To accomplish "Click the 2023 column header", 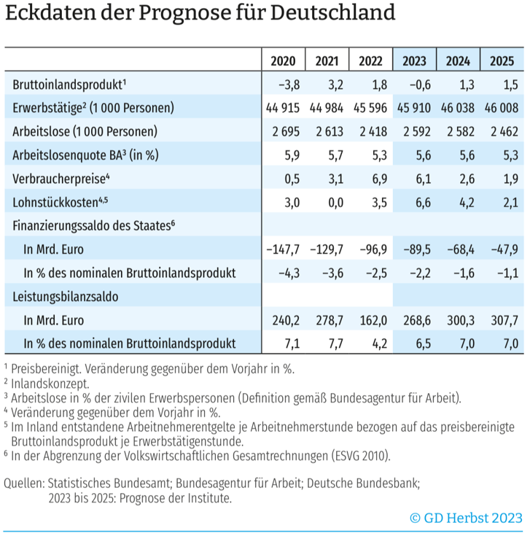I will coord(414,61).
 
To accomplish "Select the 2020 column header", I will coord(283,61).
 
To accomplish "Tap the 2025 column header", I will coord(502,61).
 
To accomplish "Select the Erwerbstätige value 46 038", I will coord(458,108).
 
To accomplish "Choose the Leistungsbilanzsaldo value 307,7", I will coord(502,321).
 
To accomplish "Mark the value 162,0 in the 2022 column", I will coord(373,321).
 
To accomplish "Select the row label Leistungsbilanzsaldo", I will coord(66,298).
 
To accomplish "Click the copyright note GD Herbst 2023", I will coord(467,518).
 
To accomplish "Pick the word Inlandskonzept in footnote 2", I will coord(50,383).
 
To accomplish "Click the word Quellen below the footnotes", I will coord(23,483).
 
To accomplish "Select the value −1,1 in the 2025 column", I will coord(502,273).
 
